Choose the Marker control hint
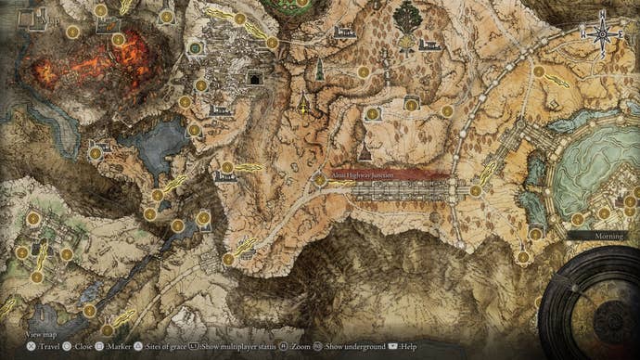coord(120,346)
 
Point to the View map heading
coord(43,332)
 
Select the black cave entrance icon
coord(253,80)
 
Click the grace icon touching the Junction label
coord(320,179)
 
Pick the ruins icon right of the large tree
coord(429,44)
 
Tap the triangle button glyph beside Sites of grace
coord(138,346)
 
